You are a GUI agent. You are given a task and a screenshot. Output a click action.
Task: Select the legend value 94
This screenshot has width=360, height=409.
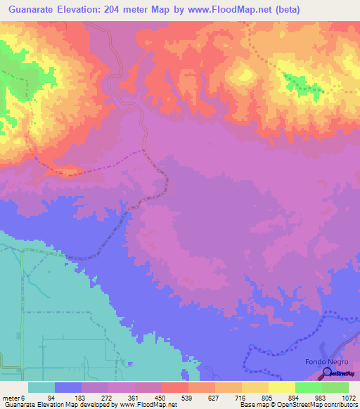pos(51,398)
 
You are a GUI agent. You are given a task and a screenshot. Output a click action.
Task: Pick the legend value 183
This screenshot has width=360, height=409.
pos(79,398)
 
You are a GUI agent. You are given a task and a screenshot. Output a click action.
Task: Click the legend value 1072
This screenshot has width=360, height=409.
pos(348,398)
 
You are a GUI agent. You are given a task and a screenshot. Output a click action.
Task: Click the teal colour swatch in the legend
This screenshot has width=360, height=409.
pos(41,387)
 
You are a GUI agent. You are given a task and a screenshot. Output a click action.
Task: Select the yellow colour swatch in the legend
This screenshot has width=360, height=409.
pos(281,387)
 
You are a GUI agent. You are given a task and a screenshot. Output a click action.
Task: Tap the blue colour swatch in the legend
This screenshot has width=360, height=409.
pos(68,387)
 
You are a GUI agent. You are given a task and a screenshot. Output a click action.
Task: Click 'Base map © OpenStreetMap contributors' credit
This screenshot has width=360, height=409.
pos(298,405)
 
